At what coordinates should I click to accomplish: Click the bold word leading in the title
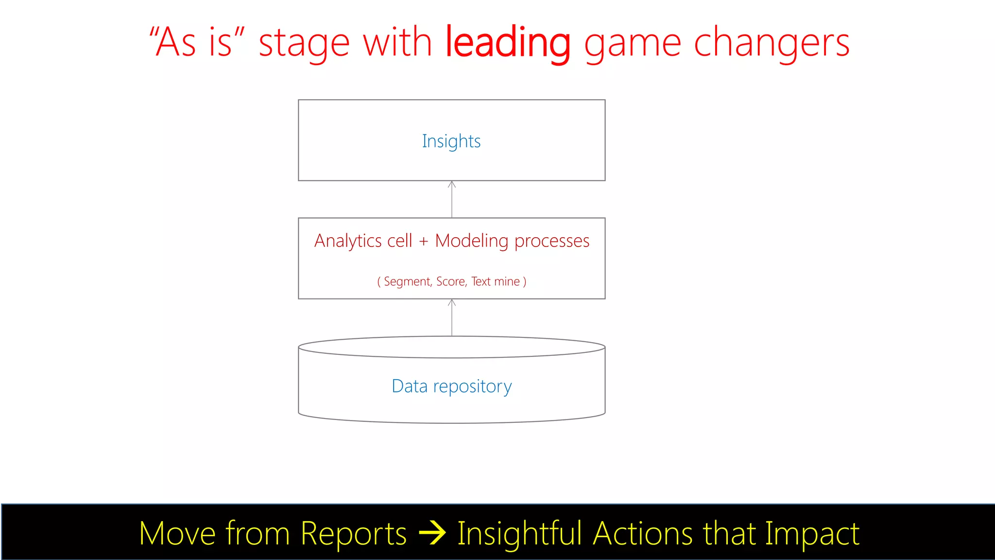[507, 43]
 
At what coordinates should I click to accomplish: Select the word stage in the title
[304, 44]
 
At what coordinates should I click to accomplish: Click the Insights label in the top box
[451, 141]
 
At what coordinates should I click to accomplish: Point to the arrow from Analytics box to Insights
[452, 199]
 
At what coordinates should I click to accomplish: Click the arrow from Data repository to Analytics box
[452, 317]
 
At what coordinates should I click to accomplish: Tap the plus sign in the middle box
[424, 241]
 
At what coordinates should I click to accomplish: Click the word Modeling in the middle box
[471, 241]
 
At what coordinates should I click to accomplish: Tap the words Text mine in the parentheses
[496, 281]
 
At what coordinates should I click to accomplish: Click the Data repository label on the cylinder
[451, 386]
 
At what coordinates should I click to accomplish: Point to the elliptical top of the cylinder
[451, 347]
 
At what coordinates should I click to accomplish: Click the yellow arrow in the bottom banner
[432, 533]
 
